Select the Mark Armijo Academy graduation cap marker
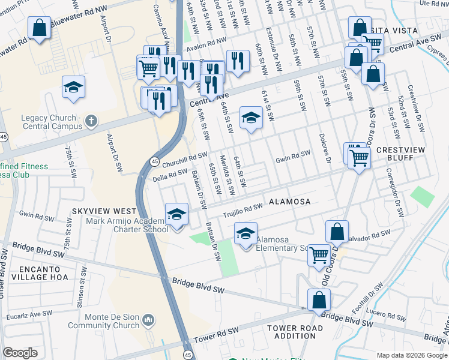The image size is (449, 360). point(176,214)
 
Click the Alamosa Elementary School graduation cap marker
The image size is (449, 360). point(246,233)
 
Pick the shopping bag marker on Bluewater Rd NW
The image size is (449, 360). point(39,28)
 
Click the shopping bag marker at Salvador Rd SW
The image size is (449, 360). point(337,232)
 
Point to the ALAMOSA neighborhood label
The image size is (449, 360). point(285,202)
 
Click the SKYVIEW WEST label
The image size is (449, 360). point(104,212)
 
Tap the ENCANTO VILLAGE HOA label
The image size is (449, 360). point(31,274)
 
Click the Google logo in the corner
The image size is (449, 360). point(20,353)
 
